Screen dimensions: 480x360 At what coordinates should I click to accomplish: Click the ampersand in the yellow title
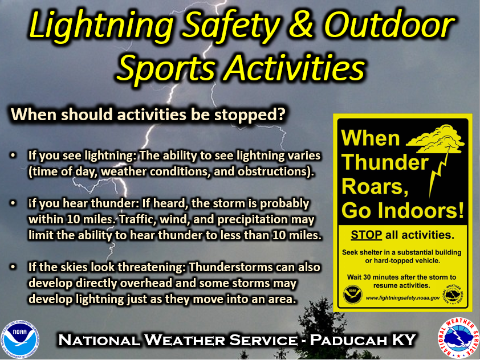point(300,25)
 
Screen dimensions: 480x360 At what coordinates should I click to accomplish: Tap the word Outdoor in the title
point(389,25)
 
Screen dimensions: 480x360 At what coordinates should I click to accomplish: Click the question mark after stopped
point(281,113)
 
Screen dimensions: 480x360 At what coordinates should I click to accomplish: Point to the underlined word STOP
point(366,235)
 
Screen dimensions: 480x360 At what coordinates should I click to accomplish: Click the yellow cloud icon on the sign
point(436,139)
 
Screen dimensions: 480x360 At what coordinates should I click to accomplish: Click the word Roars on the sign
point(375,186)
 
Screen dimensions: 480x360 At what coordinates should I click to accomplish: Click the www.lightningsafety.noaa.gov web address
point(402,297)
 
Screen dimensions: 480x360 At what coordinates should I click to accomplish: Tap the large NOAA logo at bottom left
point(20,339)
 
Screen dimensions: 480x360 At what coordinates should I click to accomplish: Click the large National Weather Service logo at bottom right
point(458,338)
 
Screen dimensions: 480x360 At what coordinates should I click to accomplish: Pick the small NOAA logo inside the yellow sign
point(352,295)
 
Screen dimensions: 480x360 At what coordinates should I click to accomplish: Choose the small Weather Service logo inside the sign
point(453,294)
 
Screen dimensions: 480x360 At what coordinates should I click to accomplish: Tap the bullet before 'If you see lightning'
point(13,155)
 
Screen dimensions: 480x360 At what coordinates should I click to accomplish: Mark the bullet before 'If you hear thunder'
point(13,203)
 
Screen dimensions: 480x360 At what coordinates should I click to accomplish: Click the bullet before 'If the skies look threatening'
point(13,267)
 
